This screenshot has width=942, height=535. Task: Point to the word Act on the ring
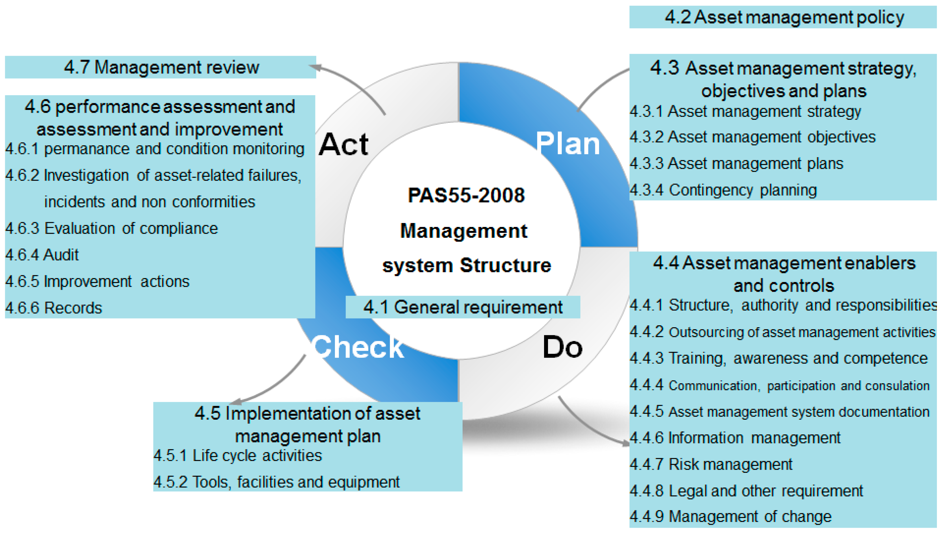[x=343, y=144]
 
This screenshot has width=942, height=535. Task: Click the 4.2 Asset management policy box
[x=783, y=17]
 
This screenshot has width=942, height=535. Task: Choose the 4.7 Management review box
[x=161, y=67]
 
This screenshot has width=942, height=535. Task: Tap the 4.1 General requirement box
[x=463, y=307]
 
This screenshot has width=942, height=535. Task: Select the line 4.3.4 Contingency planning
[x=723, y=190]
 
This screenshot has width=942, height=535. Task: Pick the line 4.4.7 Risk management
[x=711, y=464]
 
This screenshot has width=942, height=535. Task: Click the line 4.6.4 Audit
[x=42, y=255]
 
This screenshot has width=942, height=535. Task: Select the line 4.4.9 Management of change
[x=730, y=517]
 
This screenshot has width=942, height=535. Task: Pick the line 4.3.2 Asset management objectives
[x=752, y=137]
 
